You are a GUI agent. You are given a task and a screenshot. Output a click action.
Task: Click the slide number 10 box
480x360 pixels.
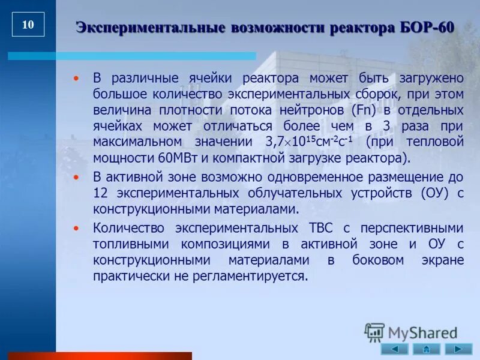pyautogui.click(x=28, y=25)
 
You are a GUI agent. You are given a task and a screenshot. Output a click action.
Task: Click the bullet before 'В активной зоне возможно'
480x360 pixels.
pyautogui.click(x=76, y=178)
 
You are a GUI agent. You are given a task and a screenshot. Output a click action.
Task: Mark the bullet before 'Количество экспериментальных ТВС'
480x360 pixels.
pyautogui.click(x=76, y=229)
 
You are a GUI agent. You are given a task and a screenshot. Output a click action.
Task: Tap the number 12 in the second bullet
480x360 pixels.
pyautogui.click(x=100, y=193)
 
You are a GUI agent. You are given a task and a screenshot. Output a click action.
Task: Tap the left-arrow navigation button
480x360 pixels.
pyautogui.click(x=394, y=349)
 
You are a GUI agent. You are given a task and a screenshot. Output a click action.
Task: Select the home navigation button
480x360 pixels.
pyautogui.click(x=426, y=349)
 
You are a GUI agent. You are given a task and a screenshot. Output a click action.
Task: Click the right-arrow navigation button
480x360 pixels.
pyautogui.click(x=458, y=349)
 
